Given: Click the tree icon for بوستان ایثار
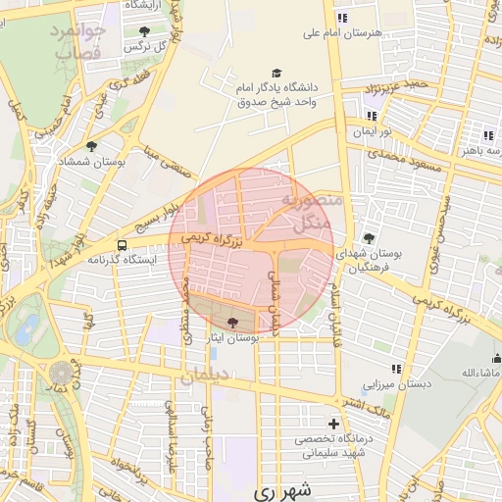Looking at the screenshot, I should click(x=232, y=322).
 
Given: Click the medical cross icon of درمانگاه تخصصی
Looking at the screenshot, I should click(x=334, y=425).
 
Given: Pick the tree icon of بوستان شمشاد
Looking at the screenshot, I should click(x=91, y=146).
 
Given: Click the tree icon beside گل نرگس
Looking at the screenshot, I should click(x=145, y=32).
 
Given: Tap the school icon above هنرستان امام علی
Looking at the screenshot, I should click(x=341, y=18).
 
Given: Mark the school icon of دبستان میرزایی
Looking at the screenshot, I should click(x=396, y=369).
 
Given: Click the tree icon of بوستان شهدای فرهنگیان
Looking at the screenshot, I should click(x=369, y=238).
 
